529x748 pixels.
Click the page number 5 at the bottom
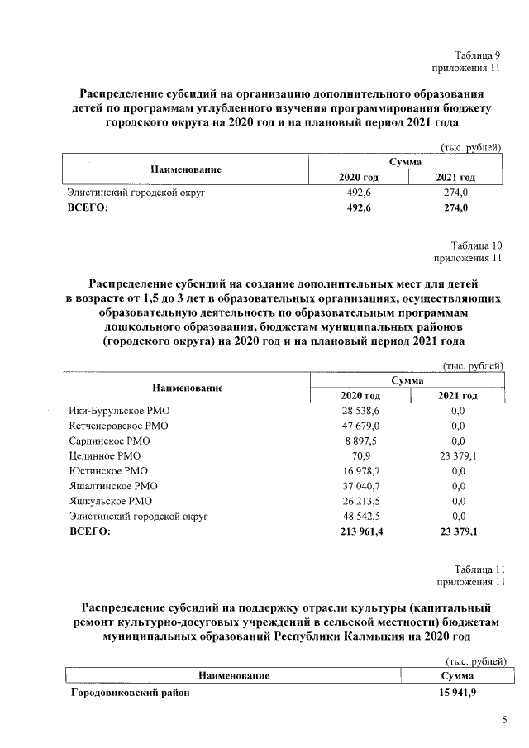click(x=504, y=721)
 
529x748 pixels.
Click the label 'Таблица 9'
click(x=479, y=54)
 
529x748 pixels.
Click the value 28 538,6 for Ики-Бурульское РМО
click(x=360, y=411)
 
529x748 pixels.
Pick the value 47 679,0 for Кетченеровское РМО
click(x=360, y=426)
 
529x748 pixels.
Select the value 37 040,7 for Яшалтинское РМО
click(x=360, y=485)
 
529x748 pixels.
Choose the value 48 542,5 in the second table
click(x=360, y=515)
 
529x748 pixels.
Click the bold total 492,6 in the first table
click(x=360, y=208)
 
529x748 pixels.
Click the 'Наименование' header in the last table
click(x=234, y=676)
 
